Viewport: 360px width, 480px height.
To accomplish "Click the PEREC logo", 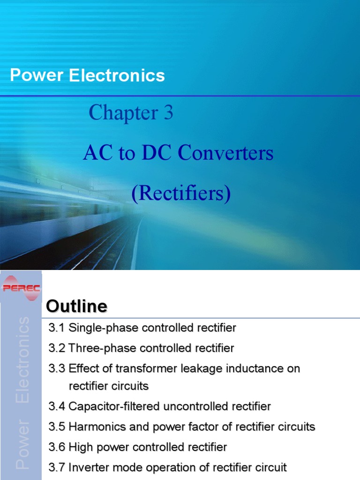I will point(22,287).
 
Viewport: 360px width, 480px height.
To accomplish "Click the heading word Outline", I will point(77,307).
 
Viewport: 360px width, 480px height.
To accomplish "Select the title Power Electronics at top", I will point(87,75).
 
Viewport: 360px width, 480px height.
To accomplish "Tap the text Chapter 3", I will point(131,113).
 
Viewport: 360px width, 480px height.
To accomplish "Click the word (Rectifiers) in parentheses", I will point(181,194).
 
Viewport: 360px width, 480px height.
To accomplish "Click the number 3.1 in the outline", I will point(57,328).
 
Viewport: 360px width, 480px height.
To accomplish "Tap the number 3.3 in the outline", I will point(57,368).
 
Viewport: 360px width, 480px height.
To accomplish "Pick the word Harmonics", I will point(91,427).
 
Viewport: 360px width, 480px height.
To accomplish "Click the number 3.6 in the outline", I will point(57,447).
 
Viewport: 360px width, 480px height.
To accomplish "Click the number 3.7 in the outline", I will point(57,467).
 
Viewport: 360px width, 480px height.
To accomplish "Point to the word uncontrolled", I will point(196,406).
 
